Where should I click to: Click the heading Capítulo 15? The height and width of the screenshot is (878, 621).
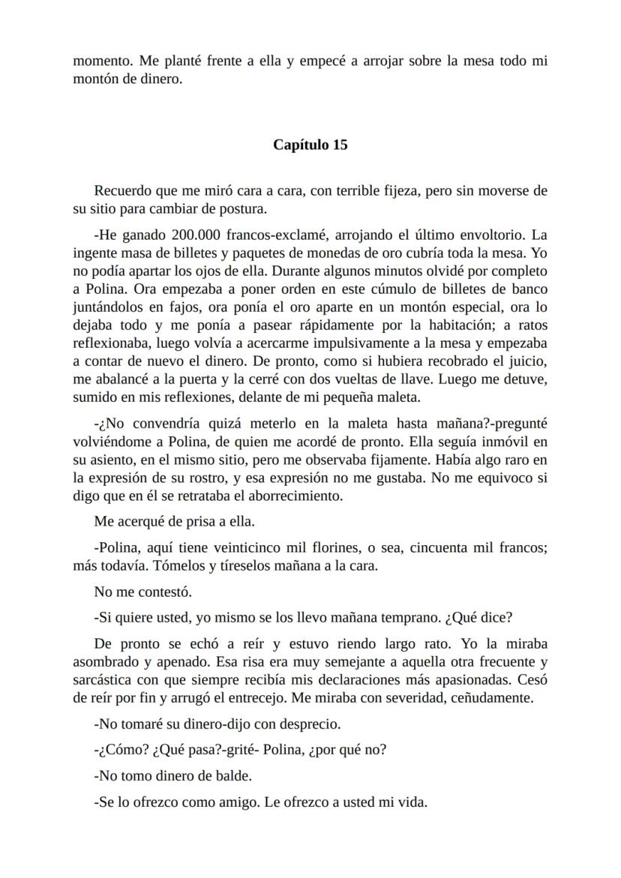(310, 145)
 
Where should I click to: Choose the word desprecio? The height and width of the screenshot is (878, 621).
(309, 724)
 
